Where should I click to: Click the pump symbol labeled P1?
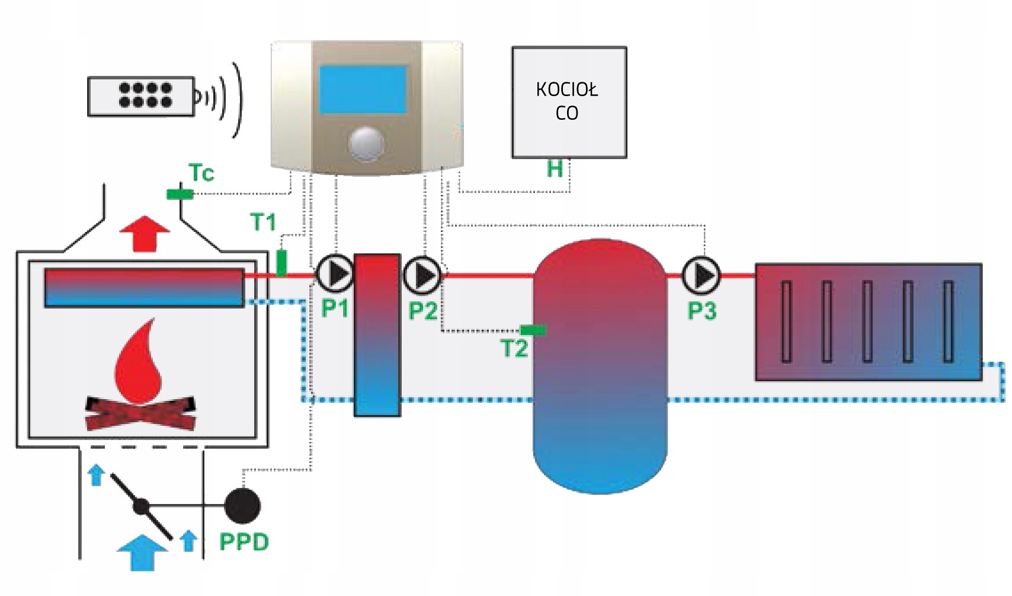tap(335, 273)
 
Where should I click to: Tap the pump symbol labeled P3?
tap(702, 275)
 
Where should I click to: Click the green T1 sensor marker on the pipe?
tap(282, 263)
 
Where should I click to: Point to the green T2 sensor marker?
tap(533, 330)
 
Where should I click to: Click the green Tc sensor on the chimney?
tap(180, 194)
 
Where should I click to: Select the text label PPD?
tap(244, 542)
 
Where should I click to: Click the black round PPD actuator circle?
tap(242, 506)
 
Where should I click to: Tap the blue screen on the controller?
tap(363, 90)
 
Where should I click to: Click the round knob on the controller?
tap(366, 144)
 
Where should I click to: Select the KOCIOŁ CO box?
tap(569, 102)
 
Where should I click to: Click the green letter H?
tap(555, 170)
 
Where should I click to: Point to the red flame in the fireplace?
tap(139, 363)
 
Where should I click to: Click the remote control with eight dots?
tap(141, 96)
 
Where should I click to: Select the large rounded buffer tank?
tap(600, 366)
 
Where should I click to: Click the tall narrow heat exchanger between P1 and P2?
tap(377, 335)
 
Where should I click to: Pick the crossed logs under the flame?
tap(140, 413)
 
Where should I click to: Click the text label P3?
tap(702, 311)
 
